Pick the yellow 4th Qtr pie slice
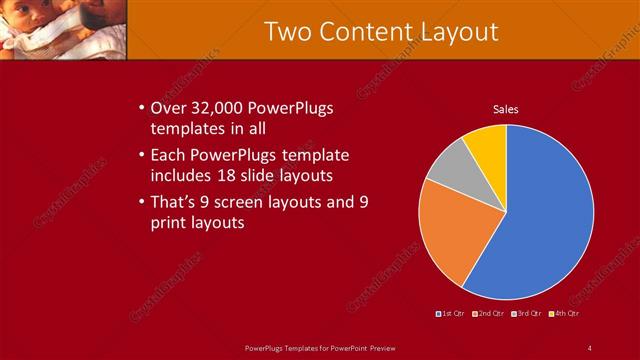(488, 143)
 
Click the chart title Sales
(506, 109)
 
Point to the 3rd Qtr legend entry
(526, 314)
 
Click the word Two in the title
(290, 31)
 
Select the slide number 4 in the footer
(590, 347)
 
